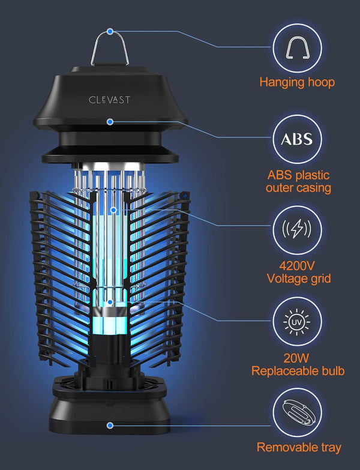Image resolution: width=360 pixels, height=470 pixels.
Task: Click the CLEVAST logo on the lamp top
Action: point(109,100)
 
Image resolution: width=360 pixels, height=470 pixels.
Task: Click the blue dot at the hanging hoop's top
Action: point(110,31)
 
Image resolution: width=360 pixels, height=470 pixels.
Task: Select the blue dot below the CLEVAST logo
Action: point(110,122)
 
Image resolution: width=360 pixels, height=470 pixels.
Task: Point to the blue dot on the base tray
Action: point(110,425)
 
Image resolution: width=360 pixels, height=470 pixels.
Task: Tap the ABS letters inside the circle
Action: point(297,139)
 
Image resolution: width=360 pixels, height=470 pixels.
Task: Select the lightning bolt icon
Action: point(297,229)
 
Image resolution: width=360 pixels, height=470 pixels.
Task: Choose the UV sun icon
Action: point(297,322)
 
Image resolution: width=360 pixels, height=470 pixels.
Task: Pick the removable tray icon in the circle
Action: point(298,413)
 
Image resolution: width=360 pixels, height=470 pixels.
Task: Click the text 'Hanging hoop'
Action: point(297,82)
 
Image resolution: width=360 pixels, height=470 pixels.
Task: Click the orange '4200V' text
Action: point(297,265)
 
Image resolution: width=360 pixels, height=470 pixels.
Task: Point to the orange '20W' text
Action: point(296,358)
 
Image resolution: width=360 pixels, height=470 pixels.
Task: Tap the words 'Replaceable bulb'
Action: point(298,371)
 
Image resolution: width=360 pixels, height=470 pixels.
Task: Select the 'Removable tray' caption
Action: point(299,447)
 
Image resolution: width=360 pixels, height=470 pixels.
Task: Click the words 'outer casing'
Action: point(298,188)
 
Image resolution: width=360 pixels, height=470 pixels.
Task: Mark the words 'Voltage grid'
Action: point(299,279)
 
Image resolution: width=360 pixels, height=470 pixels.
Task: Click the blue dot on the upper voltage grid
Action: point(113,210)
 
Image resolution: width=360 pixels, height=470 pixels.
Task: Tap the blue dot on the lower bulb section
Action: point(110,302)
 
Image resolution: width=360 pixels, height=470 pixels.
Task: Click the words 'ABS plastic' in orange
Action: point(298,175)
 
